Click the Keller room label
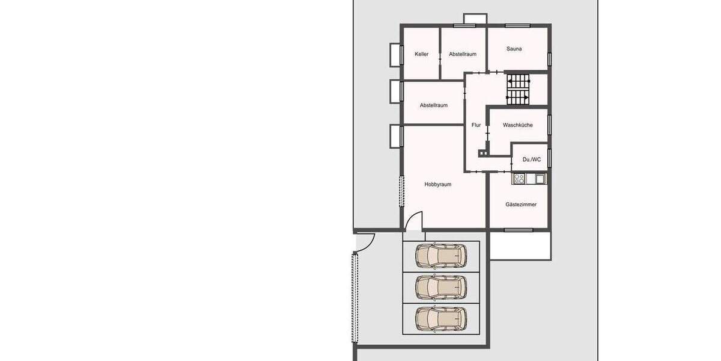(421, 54)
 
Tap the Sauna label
(514, 49)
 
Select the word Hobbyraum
(437, 185)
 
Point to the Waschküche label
(518, 125)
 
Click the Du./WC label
(531, 159)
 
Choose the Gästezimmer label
(521, 205)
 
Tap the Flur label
(476, 125)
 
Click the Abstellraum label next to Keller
(463, 54)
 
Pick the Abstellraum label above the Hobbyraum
(433, 105)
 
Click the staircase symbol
(517, 88)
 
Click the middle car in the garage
(441, 288)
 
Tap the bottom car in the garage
(441, 319)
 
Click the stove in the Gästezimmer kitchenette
(520, 179)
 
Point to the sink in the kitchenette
(540, 179)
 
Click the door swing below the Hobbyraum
(415, 221)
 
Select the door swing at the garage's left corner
(365, 241)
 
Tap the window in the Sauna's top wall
(517, 25)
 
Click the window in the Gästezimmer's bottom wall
(518, 230)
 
